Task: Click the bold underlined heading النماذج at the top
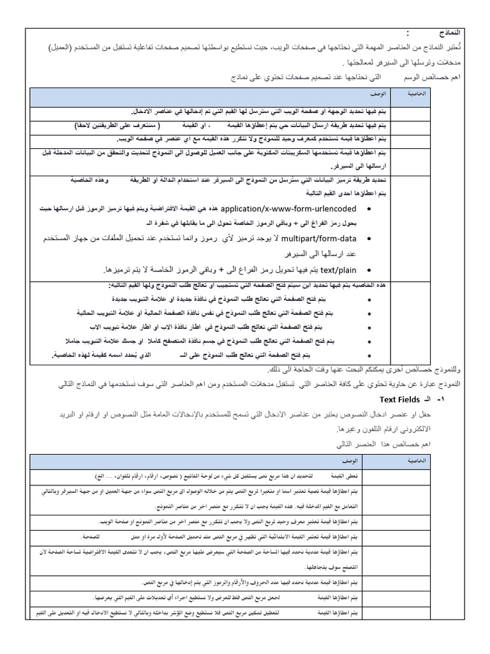[449, 33]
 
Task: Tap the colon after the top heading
[407, 33]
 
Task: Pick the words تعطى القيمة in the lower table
[345, 476]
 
